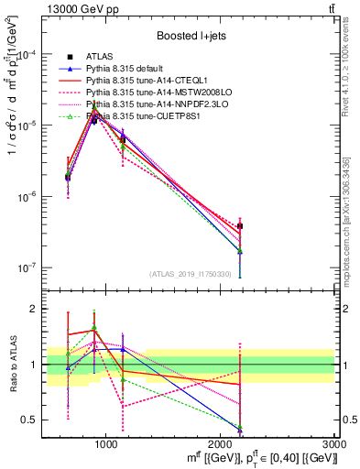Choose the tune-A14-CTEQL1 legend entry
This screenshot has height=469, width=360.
(146, 81)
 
